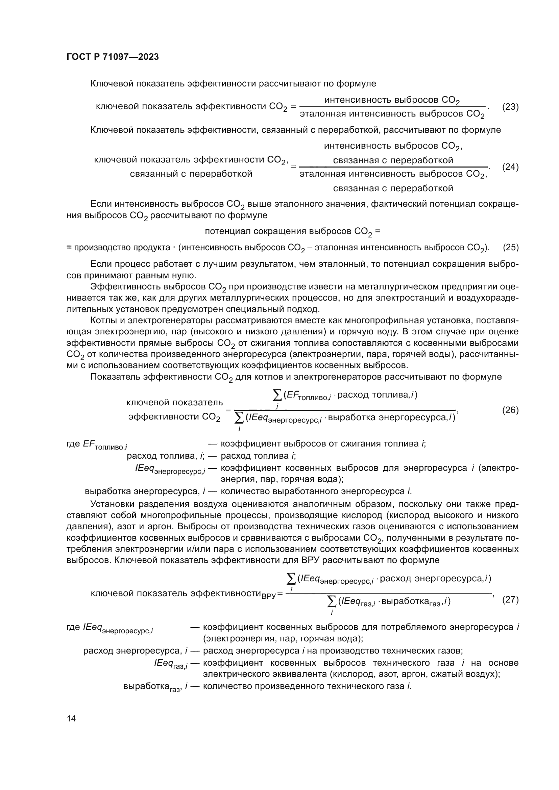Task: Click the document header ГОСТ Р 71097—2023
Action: (x=113, y=57)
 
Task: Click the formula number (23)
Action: (x=510, y=107)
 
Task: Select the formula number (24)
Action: (x=510, y=167)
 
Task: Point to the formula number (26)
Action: (x=510, y=410)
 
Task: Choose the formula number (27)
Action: (x=510, y=600)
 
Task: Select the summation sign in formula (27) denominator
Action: (x=332, y=602)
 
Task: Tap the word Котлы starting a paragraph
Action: (x=103, y=320)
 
